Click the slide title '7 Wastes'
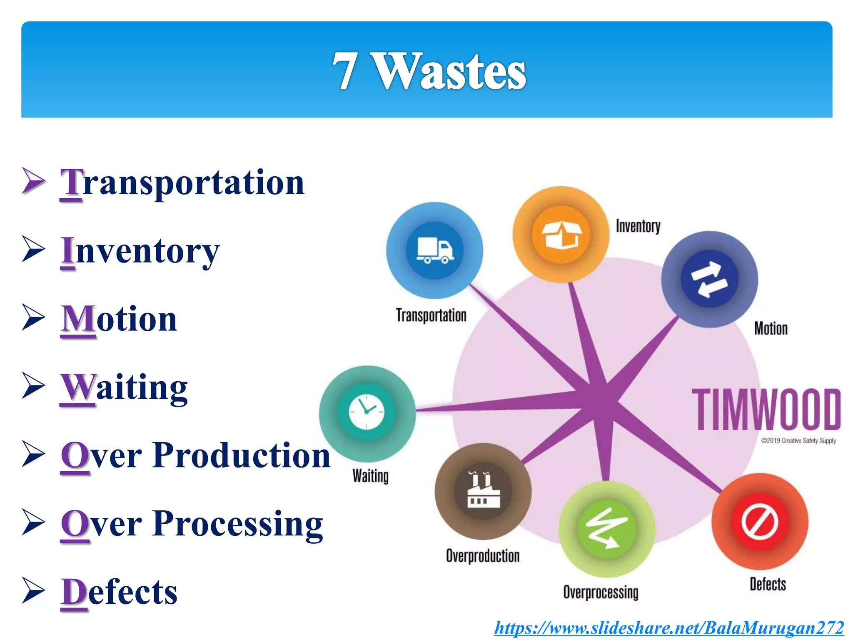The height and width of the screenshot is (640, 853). [x=429, y=71]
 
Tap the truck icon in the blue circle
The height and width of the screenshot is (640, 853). [x=435, y=250]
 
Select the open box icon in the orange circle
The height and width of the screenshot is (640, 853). [x=561, y=235]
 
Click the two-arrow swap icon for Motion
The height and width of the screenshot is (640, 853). [x=709, y=279]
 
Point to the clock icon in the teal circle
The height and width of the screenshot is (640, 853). [x=367, y=412]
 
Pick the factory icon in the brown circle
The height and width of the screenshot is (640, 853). [x=483, y=491]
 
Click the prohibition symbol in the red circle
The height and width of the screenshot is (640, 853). [x=760, y=521]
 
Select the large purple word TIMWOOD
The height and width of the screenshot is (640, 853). [x=766, y=409]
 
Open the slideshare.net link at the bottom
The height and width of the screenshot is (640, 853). [x=669, y=627]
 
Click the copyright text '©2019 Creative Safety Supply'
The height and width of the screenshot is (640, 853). [x=798, y=441]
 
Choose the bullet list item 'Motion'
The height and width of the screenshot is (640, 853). [x=119, y=319]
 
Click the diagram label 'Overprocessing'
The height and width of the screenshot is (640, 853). [x=601, y=592]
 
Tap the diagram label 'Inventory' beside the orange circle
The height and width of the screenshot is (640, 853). [x=638, y=226]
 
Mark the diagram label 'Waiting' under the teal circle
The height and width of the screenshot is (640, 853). [x=370, y=476]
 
